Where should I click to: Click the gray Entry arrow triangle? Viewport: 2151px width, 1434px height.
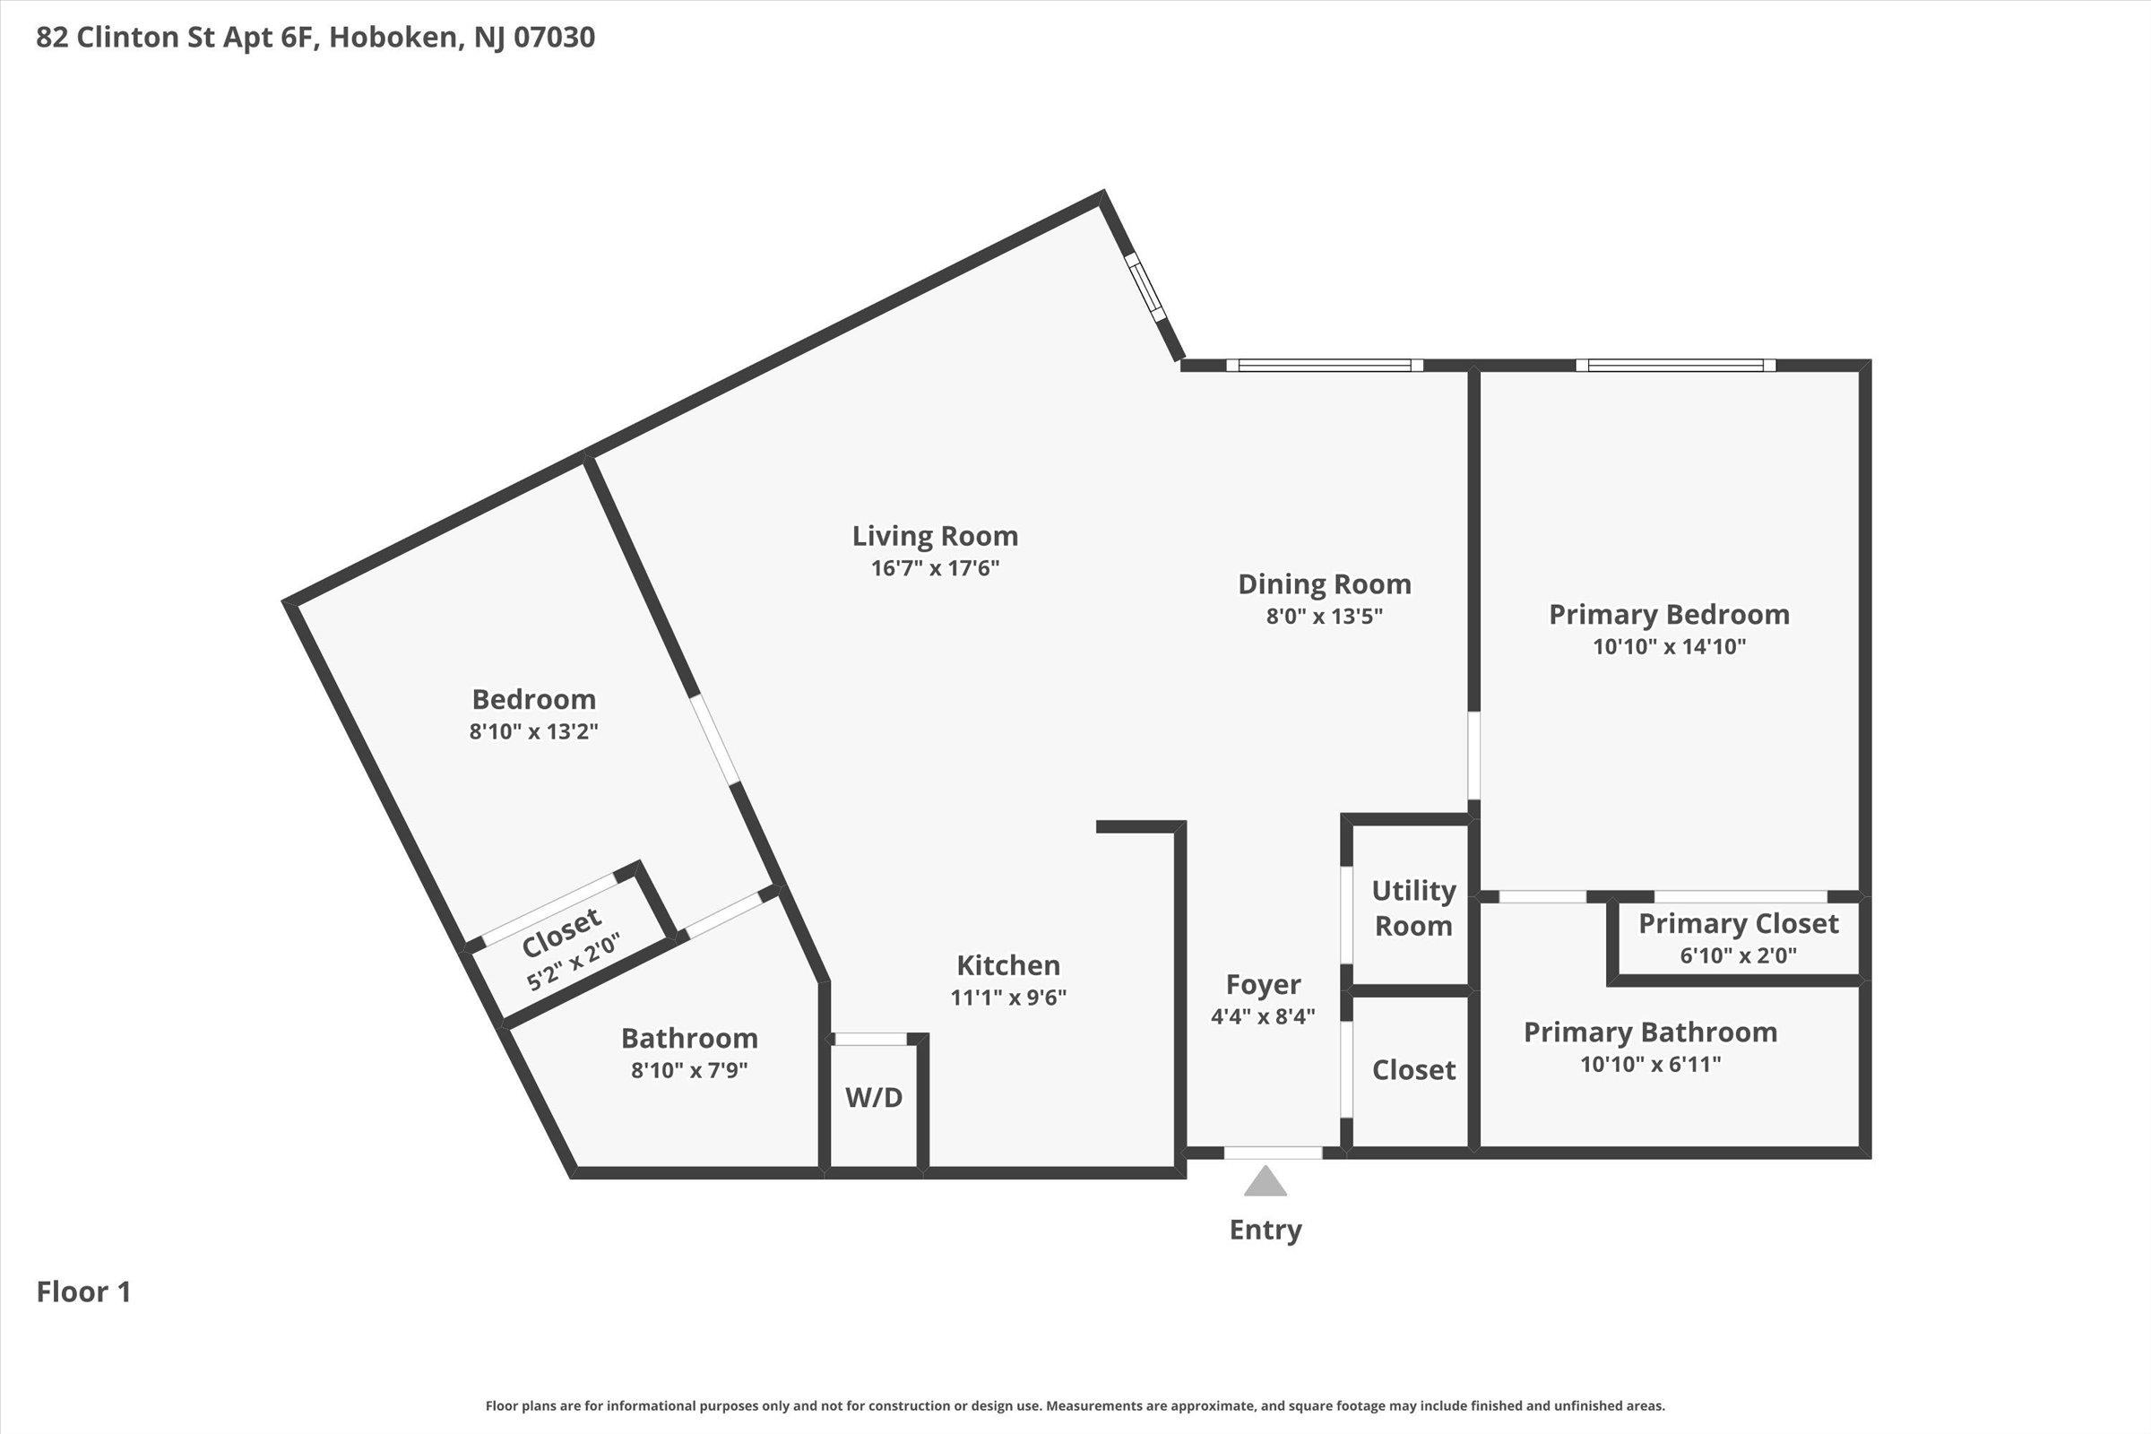[1265, 1181]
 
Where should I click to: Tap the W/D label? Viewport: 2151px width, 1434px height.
[873, 1097]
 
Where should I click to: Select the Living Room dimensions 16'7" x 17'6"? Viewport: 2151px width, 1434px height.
[935, 568]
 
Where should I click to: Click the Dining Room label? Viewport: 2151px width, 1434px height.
[1325, 583]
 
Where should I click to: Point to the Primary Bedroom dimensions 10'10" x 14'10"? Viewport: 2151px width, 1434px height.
[1669, 646]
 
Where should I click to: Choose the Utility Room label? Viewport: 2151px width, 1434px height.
[1414, 907]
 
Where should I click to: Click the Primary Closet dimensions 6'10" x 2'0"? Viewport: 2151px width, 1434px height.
[1738, 955]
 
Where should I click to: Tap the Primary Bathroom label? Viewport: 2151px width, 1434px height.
[1650, 1032]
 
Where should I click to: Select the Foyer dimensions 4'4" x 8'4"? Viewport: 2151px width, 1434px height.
[1263, 1016]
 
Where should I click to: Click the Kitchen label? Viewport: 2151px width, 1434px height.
[1007, 965]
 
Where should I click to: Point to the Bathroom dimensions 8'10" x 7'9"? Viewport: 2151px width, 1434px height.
[688, 1070]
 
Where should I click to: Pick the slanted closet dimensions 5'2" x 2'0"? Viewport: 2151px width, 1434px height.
[573, 962]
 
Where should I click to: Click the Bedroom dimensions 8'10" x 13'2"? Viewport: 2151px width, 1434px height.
[533, 731]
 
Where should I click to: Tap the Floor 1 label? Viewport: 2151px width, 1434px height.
[83, 1291]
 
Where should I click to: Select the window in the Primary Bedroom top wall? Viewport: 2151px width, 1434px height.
[1675, 365]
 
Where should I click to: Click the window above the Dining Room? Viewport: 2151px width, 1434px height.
[1325, 365]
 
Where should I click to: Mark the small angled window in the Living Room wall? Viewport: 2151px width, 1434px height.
[1146, 286]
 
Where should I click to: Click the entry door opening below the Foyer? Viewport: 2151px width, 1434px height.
[1273, 1153]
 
